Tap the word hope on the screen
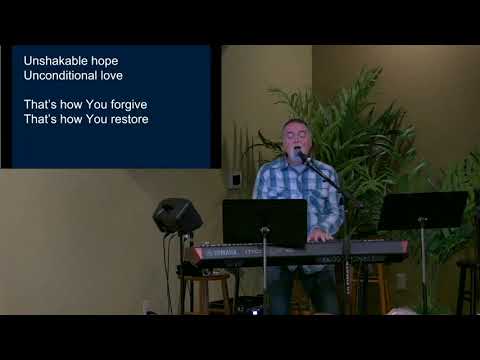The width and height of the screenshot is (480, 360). (104, 61)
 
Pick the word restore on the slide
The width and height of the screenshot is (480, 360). (127, 120)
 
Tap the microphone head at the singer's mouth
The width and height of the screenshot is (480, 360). (298, 155)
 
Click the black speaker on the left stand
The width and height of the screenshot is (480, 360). (176, 214)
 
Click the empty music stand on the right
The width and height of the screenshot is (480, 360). (422, 210)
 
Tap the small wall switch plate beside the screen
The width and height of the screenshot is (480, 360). (235, 180)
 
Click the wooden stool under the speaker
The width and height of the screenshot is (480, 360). (206, 290)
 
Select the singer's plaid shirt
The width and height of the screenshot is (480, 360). (300, 190)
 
